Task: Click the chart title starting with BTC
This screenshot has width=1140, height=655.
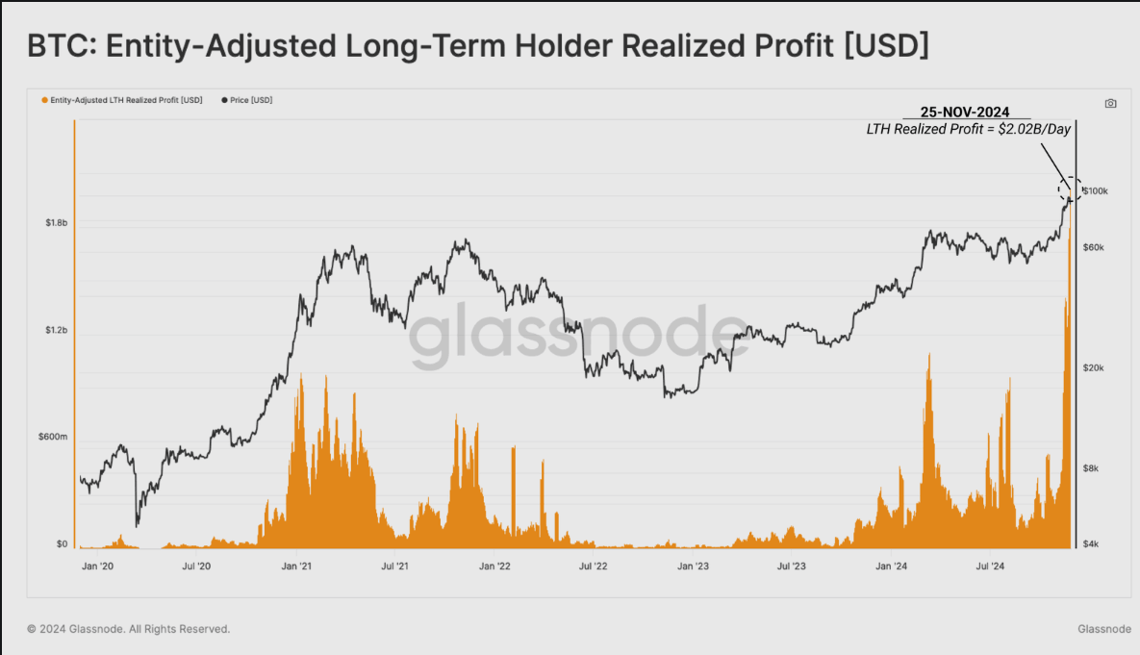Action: (478, 45)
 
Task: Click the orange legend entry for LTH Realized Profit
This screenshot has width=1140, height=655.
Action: (122, 100)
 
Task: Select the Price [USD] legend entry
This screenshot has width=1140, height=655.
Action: (247, 100)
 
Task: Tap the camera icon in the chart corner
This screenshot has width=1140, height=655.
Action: (1111, 103)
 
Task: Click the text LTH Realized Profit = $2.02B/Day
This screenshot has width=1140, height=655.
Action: (968, 130)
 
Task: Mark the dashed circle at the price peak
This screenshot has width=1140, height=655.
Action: (1071, 189)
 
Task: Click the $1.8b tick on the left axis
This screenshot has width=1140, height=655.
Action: (55, 222)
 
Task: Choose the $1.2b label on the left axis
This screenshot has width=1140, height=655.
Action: (55, 330)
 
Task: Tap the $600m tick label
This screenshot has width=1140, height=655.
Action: (53, 437)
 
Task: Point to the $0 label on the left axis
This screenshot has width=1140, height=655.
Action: (61, 544)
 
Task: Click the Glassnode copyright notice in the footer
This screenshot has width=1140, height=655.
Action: (129, 629)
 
